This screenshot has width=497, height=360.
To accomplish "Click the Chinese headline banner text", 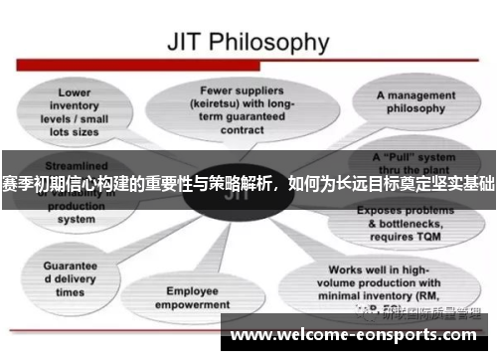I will point(248,183).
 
